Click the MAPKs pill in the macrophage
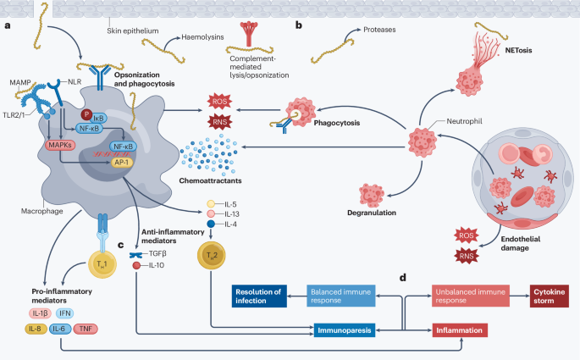tap(60, 145)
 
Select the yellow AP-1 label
tap(122, 163)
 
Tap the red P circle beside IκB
tap(86, 114)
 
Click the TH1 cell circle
tap(102, 263)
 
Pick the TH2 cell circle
tap(211, 255)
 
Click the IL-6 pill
tap(60, 329)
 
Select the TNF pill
tap(86, 329)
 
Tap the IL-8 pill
tap(36, 329)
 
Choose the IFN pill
tap(64, 313)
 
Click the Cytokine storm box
tap(550, 296)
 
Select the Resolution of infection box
tap(259, 296)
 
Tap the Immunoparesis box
tap(345, 330)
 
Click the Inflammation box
tap(460, 330)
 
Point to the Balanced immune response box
tap(340, 296)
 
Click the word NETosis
tap(518, 50)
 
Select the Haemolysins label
tap(202, 37)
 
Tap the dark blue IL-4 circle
tap(211, 224)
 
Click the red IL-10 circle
tap(136, 265)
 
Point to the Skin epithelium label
tap(133, 31)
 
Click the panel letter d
tap(403, 277)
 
